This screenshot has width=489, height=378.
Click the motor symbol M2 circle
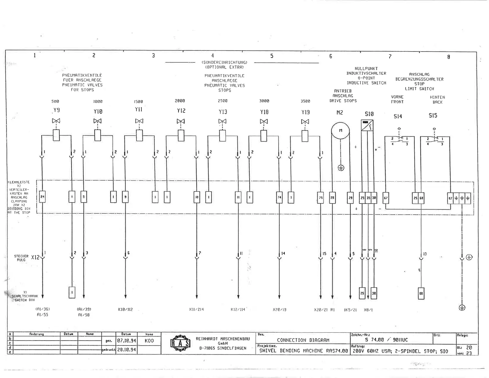(341, 131)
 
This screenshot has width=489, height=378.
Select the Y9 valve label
(56, 110)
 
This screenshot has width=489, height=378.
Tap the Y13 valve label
(223, 112)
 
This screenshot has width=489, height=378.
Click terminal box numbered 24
(43, 197)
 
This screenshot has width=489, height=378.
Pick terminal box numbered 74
(279, 197)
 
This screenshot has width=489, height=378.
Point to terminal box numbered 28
(332, 198)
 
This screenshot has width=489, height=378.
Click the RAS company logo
(181, 343)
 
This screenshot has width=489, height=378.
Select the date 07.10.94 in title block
(127, 341)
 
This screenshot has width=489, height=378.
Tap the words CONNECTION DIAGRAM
(303, 340)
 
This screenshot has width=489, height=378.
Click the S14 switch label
(398, 116)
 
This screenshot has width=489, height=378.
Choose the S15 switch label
(433, 115)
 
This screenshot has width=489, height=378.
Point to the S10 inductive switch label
(369, 114)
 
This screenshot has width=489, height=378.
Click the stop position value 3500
(305, 101)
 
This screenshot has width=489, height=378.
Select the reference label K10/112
(125, 309)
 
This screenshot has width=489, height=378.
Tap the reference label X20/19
(279, 309)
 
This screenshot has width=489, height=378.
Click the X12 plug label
(35, 257)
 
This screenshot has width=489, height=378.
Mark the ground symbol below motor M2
(341, 168)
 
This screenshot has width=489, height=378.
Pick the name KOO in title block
(149, 341)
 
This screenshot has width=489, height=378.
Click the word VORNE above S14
(397, 97)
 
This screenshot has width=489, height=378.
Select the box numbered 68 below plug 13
(421, 293)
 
